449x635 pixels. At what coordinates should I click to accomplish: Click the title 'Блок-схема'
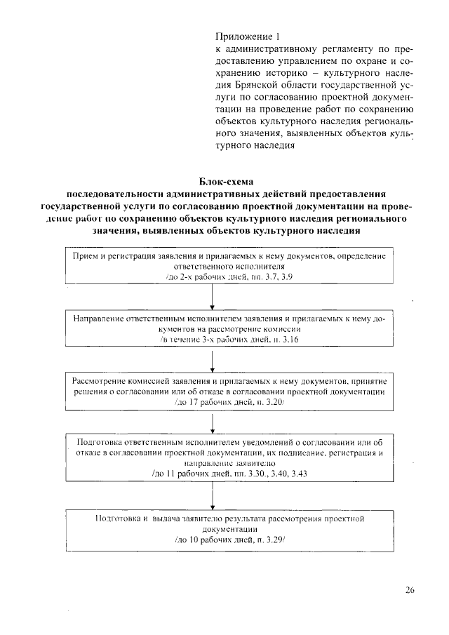(224, 182)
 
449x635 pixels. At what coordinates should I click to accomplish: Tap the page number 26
(410, 589)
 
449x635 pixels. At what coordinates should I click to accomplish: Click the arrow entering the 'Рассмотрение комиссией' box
(213, 359)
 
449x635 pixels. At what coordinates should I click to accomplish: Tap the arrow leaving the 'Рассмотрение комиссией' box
(213, 422)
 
